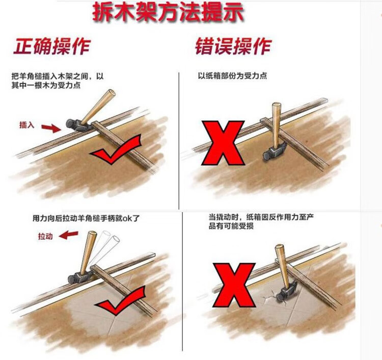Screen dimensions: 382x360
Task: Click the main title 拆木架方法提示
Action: (x=168, y=12)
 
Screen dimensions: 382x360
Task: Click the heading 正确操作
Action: (x=52, y=46)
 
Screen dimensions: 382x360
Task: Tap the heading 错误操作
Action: (x=233, y=46)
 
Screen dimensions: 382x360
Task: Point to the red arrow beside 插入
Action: (x=51, y=128)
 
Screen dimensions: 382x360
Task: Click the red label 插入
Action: (x=27, y=125)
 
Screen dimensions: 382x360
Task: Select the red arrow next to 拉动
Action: (x=69, y=235)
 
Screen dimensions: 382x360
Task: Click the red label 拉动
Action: (x=45, y=236)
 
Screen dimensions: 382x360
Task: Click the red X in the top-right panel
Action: (x=223, y=143)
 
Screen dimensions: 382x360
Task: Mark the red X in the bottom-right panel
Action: (x=234, y=285)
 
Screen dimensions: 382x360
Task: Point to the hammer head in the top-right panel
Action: (x=275, y=151)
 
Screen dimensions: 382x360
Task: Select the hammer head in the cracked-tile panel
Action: (x=286, y=292)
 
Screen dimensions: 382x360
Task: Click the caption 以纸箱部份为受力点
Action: (x=232, y=76)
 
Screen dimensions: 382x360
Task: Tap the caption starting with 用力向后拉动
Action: (x=86, y=218)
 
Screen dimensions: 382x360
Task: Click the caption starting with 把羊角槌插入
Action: (x=58, y=81)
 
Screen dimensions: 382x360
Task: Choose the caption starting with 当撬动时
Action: (x=261, y=221)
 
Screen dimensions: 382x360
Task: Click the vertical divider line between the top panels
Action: (x=179, y=141)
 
